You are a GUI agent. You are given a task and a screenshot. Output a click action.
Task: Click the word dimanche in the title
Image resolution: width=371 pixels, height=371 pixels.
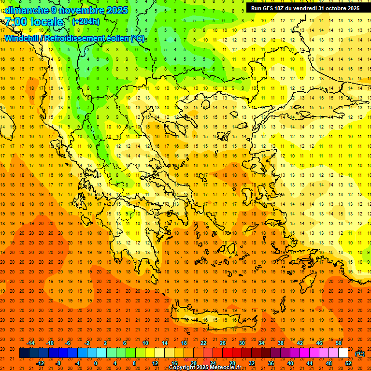pos(26,10)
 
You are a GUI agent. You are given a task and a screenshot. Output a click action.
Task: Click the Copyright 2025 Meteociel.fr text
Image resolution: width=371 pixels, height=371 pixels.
pos(205,368)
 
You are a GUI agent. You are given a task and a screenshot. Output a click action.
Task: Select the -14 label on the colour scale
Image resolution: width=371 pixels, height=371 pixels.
pos(30,343)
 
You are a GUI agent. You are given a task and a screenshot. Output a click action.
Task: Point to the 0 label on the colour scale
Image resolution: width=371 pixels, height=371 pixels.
pos(96,363)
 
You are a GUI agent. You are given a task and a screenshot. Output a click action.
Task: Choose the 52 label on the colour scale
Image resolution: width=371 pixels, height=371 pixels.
pos(348,363)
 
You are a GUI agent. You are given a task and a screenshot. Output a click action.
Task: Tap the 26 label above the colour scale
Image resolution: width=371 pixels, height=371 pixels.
pos(222,343)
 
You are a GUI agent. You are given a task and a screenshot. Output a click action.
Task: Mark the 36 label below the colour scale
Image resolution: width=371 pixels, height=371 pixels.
pos(271,363)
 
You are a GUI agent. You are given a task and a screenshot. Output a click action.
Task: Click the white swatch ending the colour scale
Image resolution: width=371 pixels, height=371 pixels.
pos(343,353)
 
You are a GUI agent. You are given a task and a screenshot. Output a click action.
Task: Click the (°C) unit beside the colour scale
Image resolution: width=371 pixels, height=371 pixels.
pos(360,354)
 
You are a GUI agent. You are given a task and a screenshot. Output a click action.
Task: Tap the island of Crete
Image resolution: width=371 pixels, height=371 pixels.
pos(213,319)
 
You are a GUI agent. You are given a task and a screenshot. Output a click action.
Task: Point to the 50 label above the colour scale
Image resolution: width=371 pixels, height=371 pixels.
pos(339,343)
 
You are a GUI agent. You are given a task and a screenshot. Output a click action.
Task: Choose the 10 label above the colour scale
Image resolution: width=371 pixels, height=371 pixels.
pos(145,343)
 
